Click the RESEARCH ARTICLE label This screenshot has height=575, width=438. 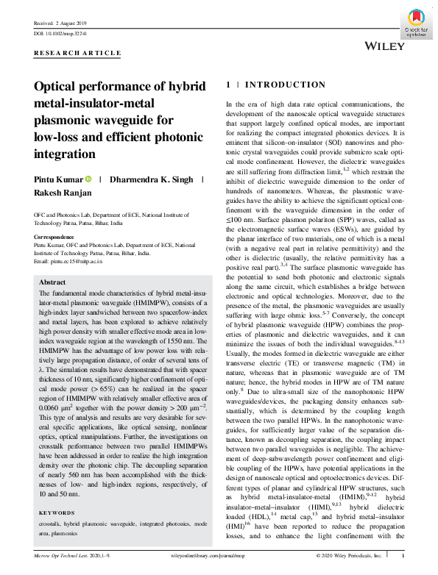pos(77,54)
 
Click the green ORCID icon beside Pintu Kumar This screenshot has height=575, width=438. pos(88,179)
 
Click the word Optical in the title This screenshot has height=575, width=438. pos(57,86)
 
